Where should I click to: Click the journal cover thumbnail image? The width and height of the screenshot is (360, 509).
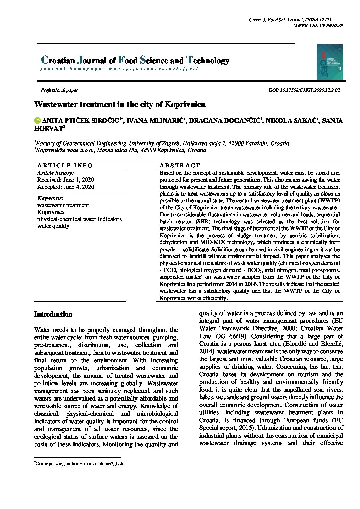click(329, 62)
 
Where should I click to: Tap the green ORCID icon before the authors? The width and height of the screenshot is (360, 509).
click(37, 120)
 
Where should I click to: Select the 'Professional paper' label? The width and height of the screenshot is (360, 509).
click(59, 90)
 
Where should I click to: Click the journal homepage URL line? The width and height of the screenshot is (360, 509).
click(119, 68)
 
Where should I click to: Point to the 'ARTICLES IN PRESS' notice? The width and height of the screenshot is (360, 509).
click(318, 26)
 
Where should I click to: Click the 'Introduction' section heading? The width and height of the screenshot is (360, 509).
click(53, 314)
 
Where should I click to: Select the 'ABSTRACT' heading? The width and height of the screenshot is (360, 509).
click(180, 166)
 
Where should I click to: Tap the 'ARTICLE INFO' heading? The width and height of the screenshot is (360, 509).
click(65, 166)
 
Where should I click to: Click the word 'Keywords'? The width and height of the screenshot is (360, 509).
click(50, 198)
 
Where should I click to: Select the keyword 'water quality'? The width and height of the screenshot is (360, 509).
click(53, 226)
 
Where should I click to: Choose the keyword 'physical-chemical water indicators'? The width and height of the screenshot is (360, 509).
click(79, 219)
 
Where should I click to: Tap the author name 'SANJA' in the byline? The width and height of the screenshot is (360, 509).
click(332, 120)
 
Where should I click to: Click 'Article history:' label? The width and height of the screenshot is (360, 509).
click(55, 173)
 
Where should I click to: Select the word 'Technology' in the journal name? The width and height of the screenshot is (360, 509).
click(208, 61)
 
